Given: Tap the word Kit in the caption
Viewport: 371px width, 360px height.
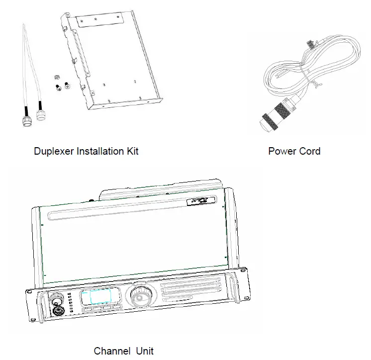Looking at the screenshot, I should [x=131, y=151].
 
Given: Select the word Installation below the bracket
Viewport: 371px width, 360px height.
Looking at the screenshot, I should [x=100, y=151].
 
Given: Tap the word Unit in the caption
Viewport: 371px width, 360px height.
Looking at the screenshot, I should [x=145, y=351].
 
